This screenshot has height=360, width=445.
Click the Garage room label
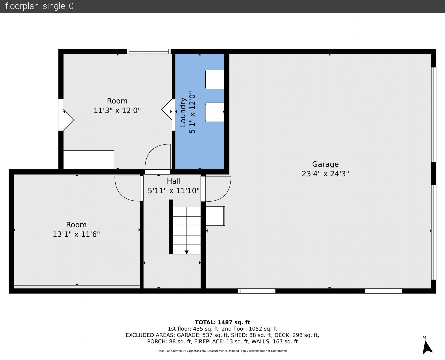(325, 164)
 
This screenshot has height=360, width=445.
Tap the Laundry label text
(183, 112)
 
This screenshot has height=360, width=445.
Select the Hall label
(174, 181)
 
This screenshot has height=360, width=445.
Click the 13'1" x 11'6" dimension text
(76, 234)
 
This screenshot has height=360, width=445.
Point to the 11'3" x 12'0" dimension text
(117, 110)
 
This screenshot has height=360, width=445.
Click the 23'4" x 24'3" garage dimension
(325, 174)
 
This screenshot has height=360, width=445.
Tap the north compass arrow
(427, 348)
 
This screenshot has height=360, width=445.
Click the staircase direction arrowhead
(187, 252)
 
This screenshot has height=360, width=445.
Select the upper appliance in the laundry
(215, 79)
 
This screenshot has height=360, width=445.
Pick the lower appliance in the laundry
(215, 112)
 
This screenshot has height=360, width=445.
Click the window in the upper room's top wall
(149, 51)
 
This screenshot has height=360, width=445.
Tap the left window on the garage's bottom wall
(257, 291)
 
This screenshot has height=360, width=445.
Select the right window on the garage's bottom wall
(383, 291)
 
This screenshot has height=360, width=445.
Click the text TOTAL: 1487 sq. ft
(222, 322)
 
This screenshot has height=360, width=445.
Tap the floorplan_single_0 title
(39, 6)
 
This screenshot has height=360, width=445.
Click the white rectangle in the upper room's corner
(89, 160)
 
